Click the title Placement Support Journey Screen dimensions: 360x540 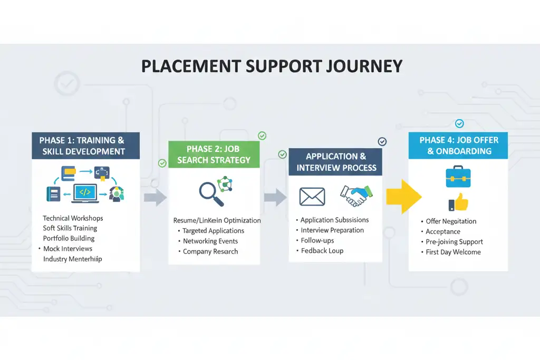pos(272,66)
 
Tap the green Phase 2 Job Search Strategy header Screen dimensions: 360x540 pos(214,154)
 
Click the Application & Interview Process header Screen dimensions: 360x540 pos(336,162)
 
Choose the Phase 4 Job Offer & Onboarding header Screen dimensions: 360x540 pos(459,145)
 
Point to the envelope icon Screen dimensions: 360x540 pos(312,197)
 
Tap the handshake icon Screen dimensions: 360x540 pos(357,195)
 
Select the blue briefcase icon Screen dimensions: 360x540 pos(458,177)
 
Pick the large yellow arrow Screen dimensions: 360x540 pos(404,196)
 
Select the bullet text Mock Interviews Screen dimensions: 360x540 pos(67,249)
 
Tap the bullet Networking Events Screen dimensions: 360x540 pos(210,241)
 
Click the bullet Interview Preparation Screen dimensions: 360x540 pos(332,230)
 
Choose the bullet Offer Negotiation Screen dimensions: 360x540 pos(451,221)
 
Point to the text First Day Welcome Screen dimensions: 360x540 pos(453,252)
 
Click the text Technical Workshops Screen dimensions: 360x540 pos(73,218)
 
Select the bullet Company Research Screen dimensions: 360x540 pos(210,251)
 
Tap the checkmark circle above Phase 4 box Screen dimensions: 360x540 pos(459,123)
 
